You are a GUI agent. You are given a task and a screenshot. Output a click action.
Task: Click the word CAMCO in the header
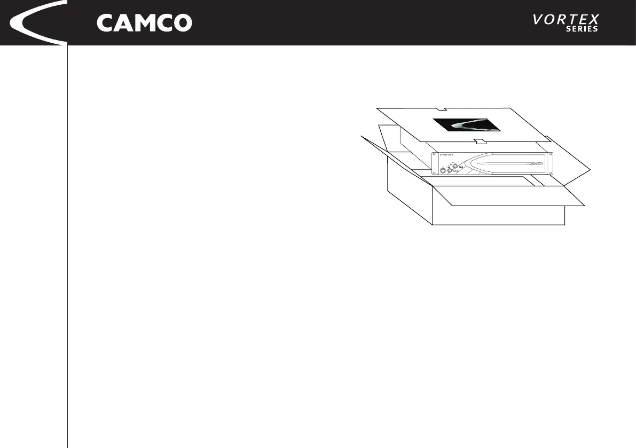pyautogui.click(x=144, y=23)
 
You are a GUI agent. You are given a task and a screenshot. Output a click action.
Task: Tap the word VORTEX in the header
pyautogui.click(x=566, y=20)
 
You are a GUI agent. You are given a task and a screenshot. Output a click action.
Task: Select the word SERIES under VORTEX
pyautogui.click(x=582, y=29)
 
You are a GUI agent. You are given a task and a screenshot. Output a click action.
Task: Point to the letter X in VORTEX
pyautogui.click(x=592, y=20)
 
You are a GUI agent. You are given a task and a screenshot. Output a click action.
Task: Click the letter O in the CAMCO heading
pyautogui.click(x=182, y=23)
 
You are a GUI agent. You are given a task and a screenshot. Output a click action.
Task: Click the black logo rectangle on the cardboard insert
pyautogui.click(x=467, y=125)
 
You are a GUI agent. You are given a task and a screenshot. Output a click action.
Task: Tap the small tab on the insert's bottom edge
pyautogui.click(x=479, y=142)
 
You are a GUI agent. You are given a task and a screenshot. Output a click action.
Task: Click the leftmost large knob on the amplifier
pyautogui.click(x=443, y=171)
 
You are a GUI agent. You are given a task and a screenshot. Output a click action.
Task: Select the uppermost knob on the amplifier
pyautogui.click(x=454, y=166)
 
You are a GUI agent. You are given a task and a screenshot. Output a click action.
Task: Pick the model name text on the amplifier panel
pyautogui.click(x=447, y=156)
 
